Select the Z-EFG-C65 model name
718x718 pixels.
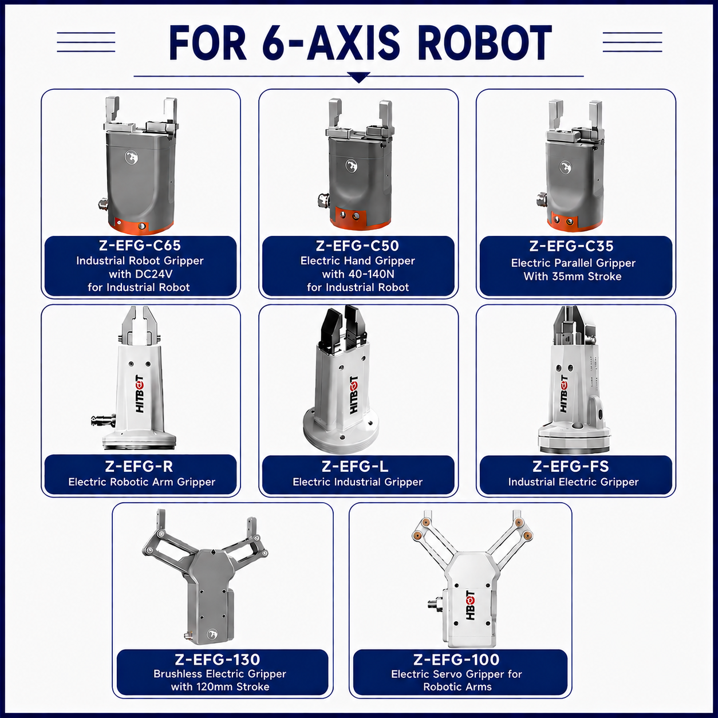(x=140, y=246)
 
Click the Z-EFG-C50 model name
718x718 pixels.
(x=357, y=246)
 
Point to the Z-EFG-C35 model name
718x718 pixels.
(x=571, y=246)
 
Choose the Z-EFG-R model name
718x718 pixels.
(x=139, y=467)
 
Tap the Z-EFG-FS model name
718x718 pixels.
(x=571, y=467)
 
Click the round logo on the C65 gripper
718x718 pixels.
(x=131, y=157)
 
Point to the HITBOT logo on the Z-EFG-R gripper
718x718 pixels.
(x=140, y=393)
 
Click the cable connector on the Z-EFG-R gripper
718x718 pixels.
(x=103, y=420)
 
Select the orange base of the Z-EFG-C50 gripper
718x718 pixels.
(x=360, y=220)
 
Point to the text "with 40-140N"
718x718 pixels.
(x=358, y=274)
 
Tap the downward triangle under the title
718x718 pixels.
(x=358, y=77)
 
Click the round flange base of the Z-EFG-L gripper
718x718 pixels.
(x=341, y=431)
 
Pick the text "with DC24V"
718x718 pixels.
(x=140, y=274)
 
